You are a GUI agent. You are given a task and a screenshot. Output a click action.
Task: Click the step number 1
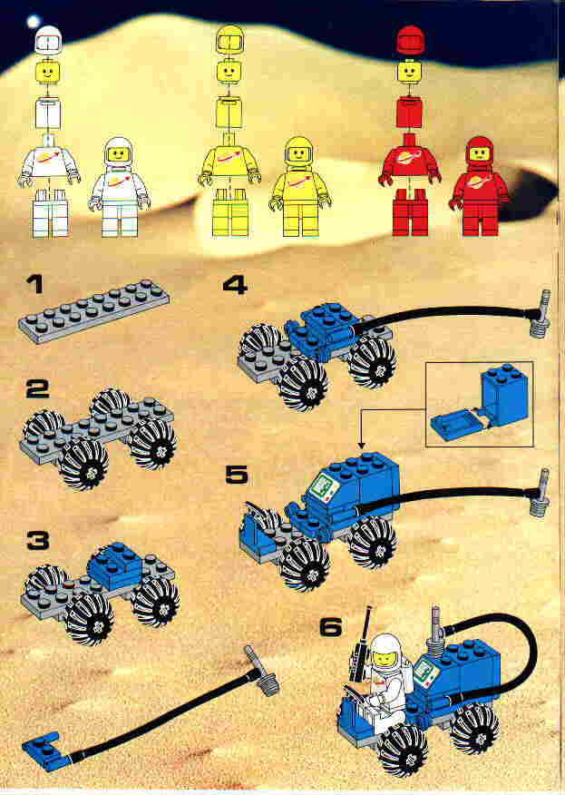click(x=35, y=284)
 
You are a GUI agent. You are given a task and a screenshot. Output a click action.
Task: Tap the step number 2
click(x=38, y=389)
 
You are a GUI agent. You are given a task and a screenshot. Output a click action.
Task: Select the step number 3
click(x=38, y=541)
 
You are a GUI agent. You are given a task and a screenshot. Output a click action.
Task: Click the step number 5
click(x=237, y=475)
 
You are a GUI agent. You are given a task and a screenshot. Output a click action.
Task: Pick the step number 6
click(x=331, y=627)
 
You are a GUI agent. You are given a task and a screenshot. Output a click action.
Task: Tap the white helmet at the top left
click(x=48, y=40)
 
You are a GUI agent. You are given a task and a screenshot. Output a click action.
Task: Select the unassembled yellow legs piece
click(x=230, y=212)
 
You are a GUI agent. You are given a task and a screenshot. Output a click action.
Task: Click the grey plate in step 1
click(x=93, y=310)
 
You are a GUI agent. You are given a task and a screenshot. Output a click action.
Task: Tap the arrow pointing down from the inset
click(x=362, y=429)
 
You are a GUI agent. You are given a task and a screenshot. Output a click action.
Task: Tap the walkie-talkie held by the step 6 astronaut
click(x=361, y=644)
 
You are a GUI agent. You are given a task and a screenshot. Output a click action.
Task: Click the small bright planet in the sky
click(x=34, y=22)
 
